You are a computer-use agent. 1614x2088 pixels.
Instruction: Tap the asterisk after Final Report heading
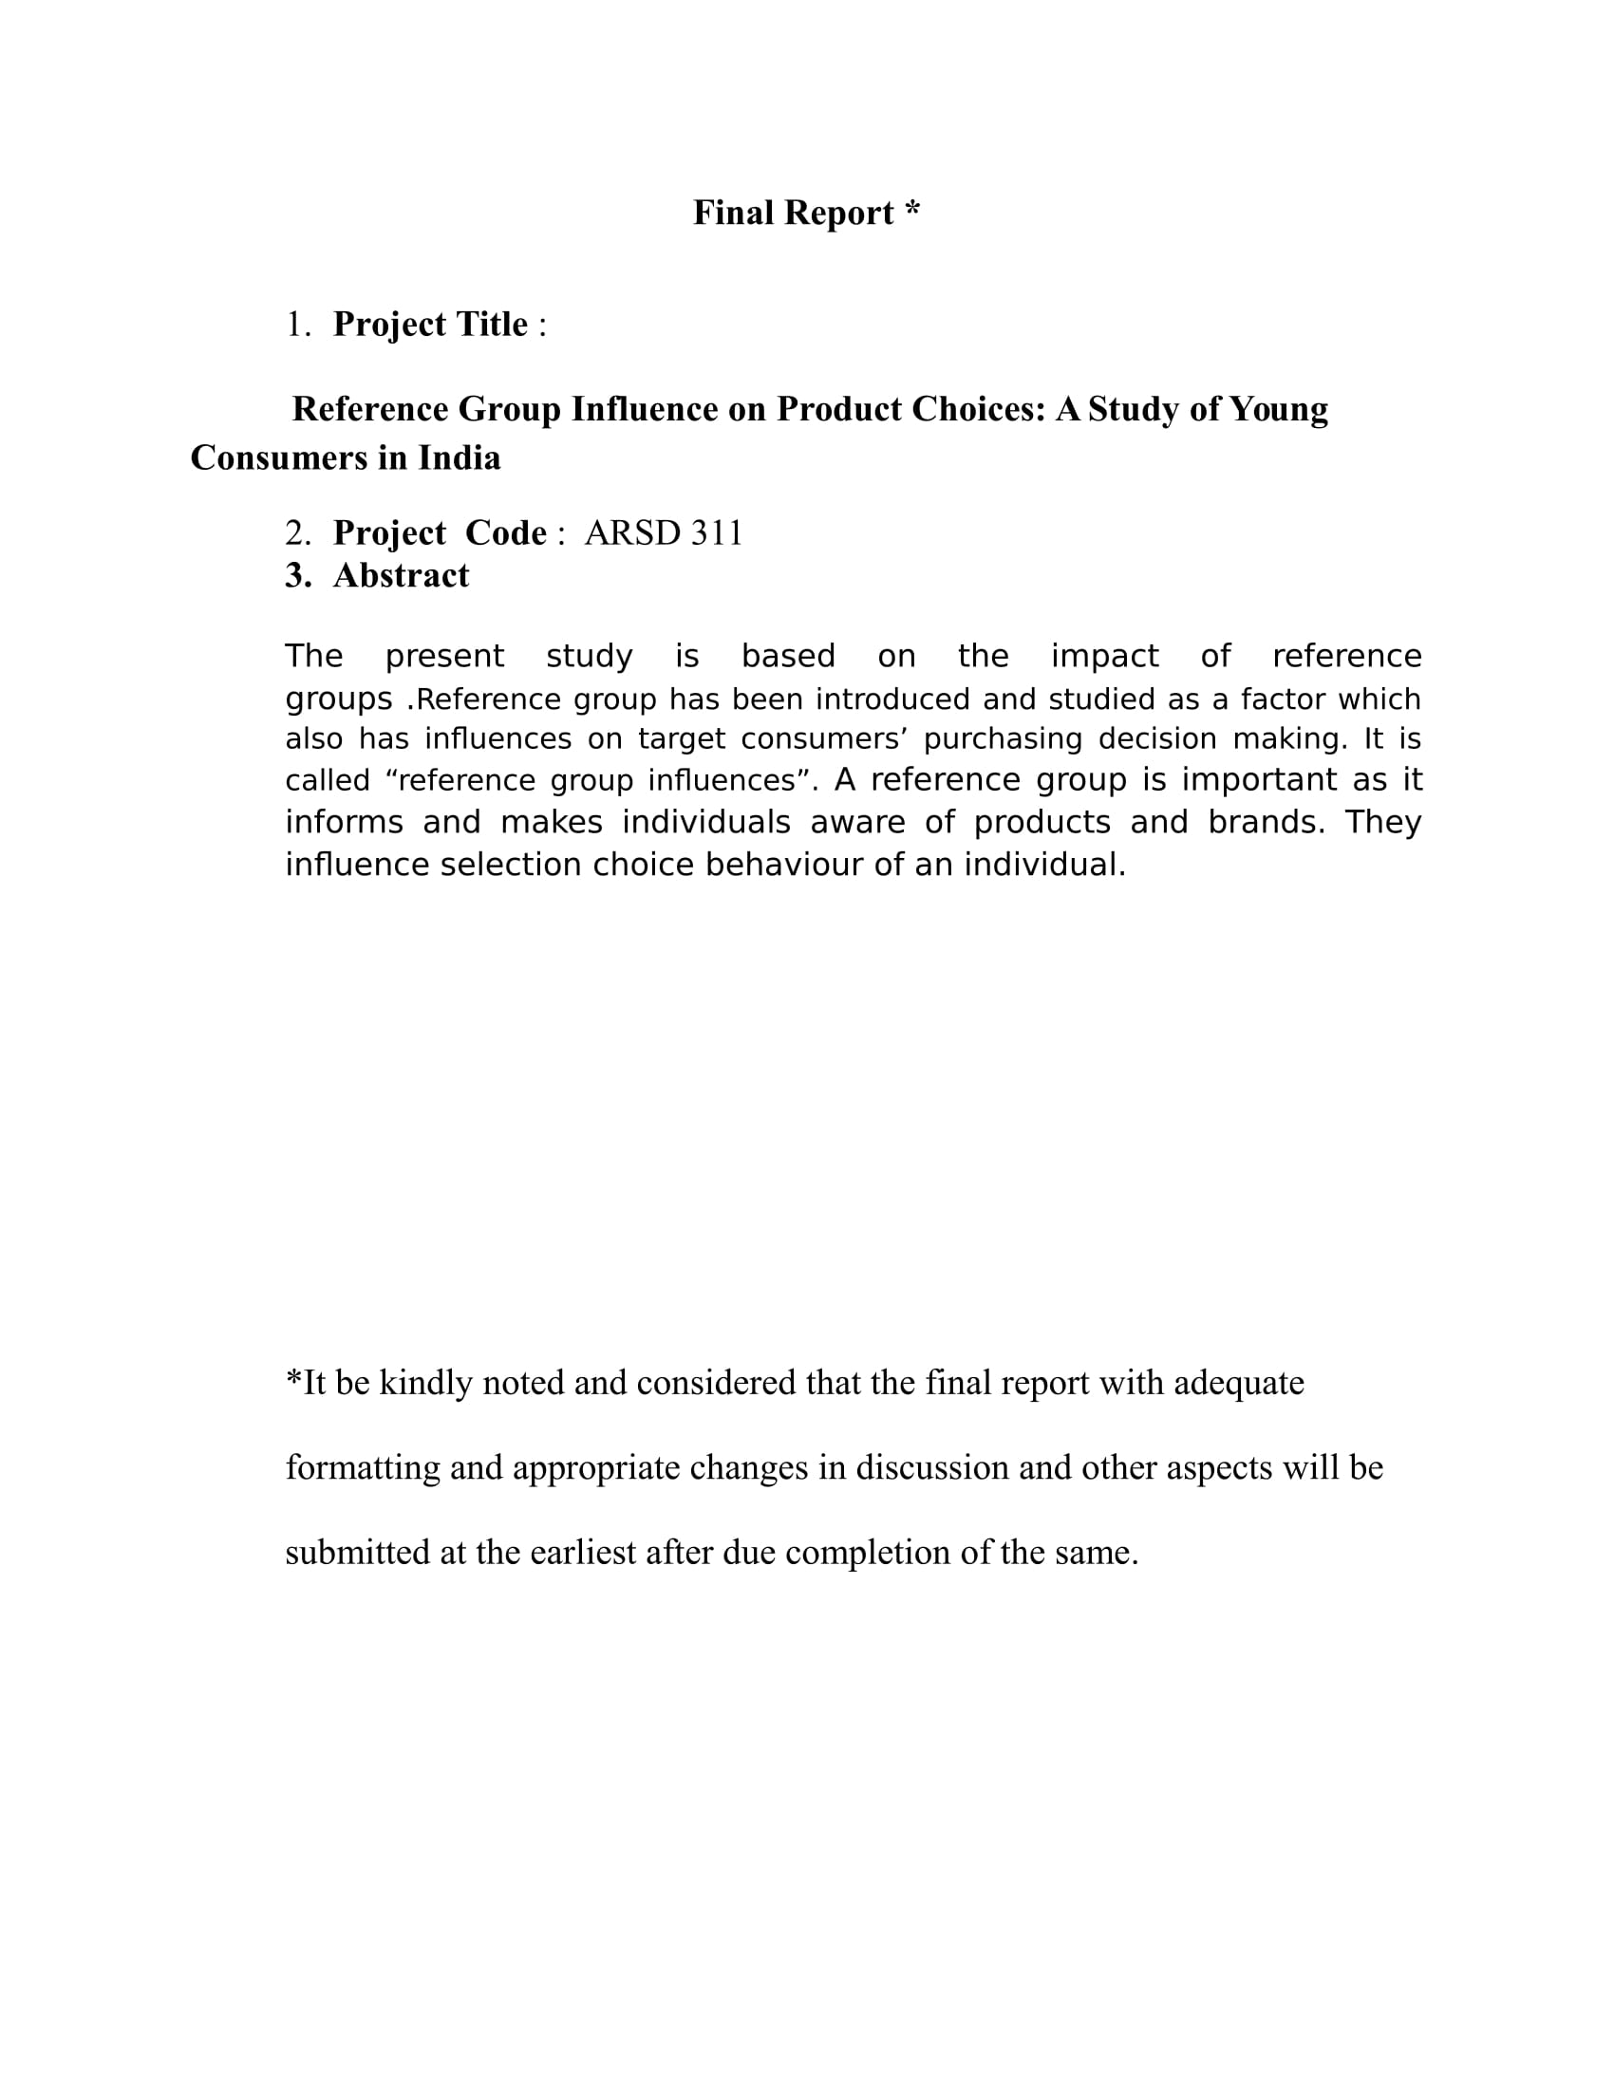pyautogui.click(x=911, y=210)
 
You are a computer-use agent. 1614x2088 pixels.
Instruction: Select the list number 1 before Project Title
pyautogui.click(x=296, y=325)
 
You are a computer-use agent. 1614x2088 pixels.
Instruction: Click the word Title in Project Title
pyautogui.click(x=492, y=325)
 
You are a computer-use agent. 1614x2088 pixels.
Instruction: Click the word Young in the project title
pyautogui.click(x=1279, y=409)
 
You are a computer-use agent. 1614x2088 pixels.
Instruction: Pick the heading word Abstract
pyautogui.click(x=401, y=575)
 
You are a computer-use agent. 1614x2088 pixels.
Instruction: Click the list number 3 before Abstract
pyautogui.click(x=296, y=575)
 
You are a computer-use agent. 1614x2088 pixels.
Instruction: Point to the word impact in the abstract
pyautogui.click(x=1104, y=657)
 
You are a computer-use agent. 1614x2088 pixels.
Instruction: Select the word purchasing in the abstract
pyautogui.click(x=1002, y=739)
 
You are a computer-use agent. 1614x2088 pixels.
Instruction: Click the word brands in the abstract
pyautogui.click(x=1265, y=822)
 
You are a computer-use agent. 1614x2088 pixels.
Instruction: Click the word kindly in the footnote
pyautogui.click(x=425, y=1384)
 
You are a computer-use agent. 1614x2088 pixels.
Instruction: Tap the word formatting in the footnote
pyautogui.click(x=363, y=1467)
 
